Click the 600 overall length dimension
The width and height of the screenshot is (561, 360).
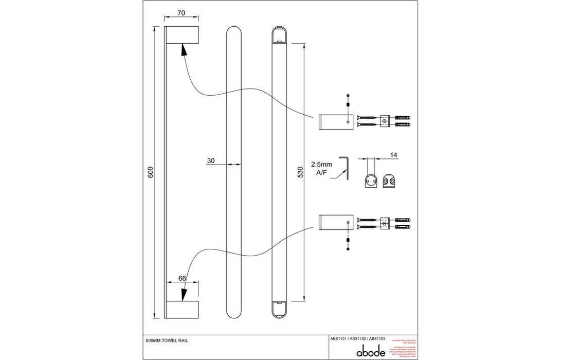pyautogui.click(x=151, y=173)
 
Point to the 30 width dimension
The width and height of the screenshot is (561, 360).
pyautogui.click(x=211, y=160)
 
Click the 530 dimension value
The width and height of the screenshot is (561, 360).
pyautogui.click(x=301, y=172)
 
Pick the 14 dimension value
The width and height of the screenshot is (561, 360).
pyautogui.click(x=394, y=154)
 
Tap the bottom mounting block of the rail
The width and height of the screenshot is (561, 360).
pyautogui.click(x=182, y=310)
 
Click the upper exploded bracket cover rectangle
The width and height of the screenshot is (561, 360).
pyautogui.click(x=335, y=122)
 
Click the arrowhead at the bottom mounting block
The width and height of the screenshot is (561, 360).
pyautogui.click(x=183, y=294)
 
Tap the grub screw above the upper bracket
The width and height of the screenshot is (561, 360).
pyautogui.click(x=349, y=104)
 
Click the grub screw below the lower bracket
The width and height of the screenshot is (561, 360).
pyautogui.click(x=349, y=241)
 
